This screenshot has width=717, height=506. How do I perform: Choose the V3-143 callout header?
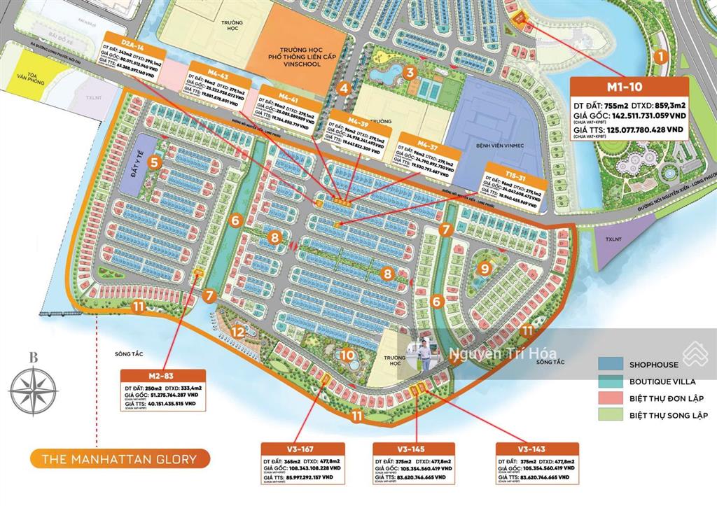(x=537, y=449)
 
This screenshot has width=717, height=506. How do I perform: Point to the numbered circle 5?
(x=153, y=163)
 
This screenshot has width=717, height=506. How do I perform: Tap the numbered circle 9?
(x=483, y=267)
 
